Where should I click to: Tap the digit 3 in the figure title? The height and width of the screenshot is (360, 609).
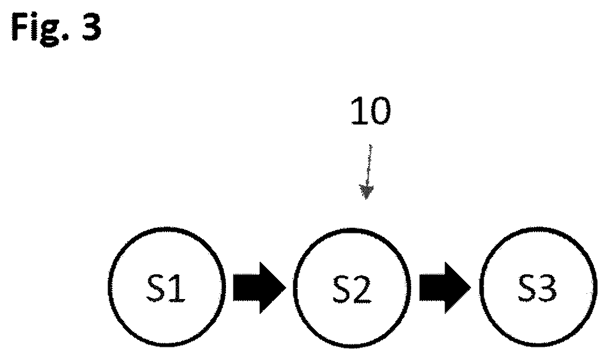pyautogui.click(x=91, y=26)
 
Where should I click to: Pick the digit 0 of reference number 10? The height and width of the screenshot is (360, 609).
pyautogui.click(x=379, y=112)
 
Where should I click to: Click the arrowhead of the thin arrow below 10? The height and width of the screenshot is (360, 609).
pyautogui.click(x=366, y=192)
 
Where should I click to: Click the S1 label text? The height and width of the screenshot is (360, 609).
pyautogui.click(x=166, y=288)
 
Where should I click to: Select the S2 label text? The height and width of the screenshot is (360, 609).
pyautogui.click(x=351, y=288)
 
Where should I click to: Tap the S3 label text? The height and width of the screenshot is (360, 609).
pyautogui.click(x=537, y=288)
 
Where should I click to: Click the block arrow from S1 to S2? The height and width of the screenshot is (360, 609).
pyautogui.click(x=259, y=288)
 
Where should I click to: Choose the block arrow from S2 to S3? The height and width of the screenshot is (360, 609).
pyautogui.click(x=445, y=288)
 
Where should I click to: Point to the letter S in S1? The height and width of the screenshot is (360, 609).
pyautogui.click(x=155, y=288)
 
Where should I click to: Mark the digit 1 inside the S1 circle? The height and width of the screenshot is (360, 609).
pyautogui.click(x=177, y=288)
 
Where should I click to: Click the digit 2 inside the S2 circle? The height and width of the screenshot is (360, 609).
pyautogui.click(x=362, y=288)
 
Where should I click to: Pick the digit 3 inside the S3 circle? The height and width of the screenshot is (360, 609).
pyautogui.click(x=547, y=288)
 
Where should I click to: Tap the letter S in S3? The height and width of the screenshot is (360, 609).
pyautogui.click(x=527, y=288)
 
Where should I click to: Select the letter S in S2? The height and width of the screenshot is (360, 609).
pyautogui.click(x=342, y=288)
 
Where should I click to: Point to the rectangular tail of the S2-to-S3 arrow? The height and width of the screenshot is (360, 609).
pyautogui.click(x=432, y=288)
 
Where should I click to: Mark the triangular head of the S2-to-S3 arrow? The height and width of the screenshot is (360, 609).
pyautogui.click(x=458, y=288)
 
